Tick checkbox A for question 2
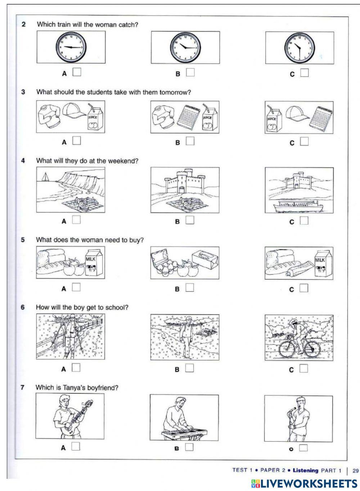[x=77, y=72]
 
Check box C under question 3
[x=305, y=141]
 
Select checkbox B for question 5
[x=190, y=287]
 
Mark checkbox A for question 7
[x=76, y=446]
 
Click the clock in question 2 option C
[x=300, y=47]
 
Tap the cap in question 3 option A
[x=75, y=110]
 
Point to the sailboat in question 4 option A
[x=45, y=177]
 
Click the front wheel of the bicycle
[x=310, y=348]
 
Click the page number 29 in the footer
[x=356, y=470]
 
